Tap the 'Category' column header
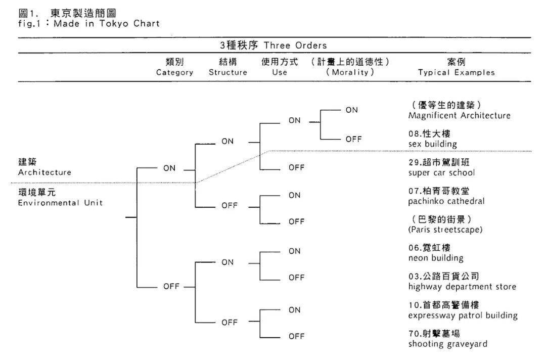pyautogui.click(x=174, y=72)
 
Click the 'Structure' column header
pyautogui.click(x=228, y=72)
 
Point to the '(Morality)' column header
pyautogui.click(x=350, y=72)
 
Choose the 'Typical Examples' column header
pyautogui.click(x=456, y=72)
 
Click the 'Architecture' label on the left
pyautogui.click(x=44, y=172)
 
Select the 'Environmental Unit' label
pyautogui.click(x=60, y=203)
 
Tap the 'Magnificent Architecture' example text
pyautogui.click(x=459, y=115)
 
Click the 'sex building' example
pyautogui.click(x=432, y=144)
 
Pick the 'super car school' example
pyautogui.click(x=441, y=172)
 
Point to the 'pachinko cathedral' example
pyautogui.click(x=446, y=201)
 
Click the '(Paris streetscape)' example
pyautogui.click(x=445, y=230)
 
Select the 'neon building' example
pyautogui.click(x=435, y=258)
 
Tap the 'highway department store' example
pyautogui.click(x=462, y=287)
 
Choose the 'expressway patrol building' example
pyautogui.click(x=463, y=316)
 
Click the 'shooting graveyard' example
pyautogui.click(x=447, y=344)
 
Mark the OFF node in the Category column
pyautogui.click(x=171, y=287)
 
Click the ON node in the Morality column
pyautogui.click(x=351, y=110)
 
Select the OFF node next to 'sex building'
pyautogui.click(x=353, y=139)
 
